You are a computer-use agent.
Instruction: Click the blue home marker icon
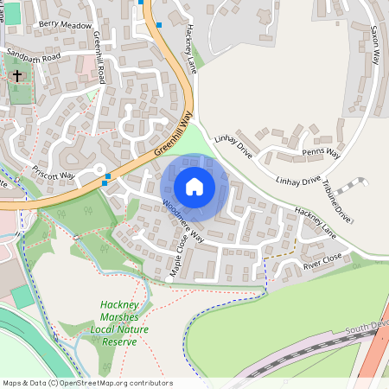pos(194,186)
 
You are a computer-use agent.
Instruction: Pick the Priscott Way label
pos(54,175)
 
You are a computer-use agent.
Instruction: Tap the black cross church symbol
pos(16,76)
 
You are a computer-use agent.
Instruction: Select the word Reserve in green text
pos(120,341)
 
